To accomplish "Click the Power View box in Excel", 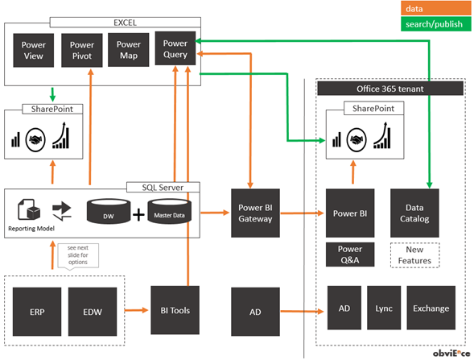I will click(x=34, y=51).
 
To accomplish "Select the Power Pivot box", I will click(x=82, y=51).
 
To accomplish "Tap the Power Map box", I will click(x=129, y=49).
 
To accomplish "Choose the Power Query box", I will click(x=175, y=49).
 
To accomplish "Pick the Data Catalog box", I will click(x=414, y=213).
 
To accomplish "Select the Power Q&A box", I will click(x=350, y=254).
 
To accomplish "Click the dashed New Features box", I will click(x=414, y=254).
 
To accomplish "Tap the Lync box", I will click(x=383, y=308).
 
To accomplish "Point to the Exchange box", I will click(x=431, y=308).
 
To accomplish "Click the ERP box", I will click(x=37, y=310).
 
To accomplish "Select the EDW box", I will click(x=91, y=310).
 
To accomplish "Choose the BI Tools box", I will click(x=175, y=308).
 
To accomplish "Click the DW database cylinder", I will click(x=107, y=213).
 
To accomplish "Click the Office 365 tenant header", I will click(x=390, y=87).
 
